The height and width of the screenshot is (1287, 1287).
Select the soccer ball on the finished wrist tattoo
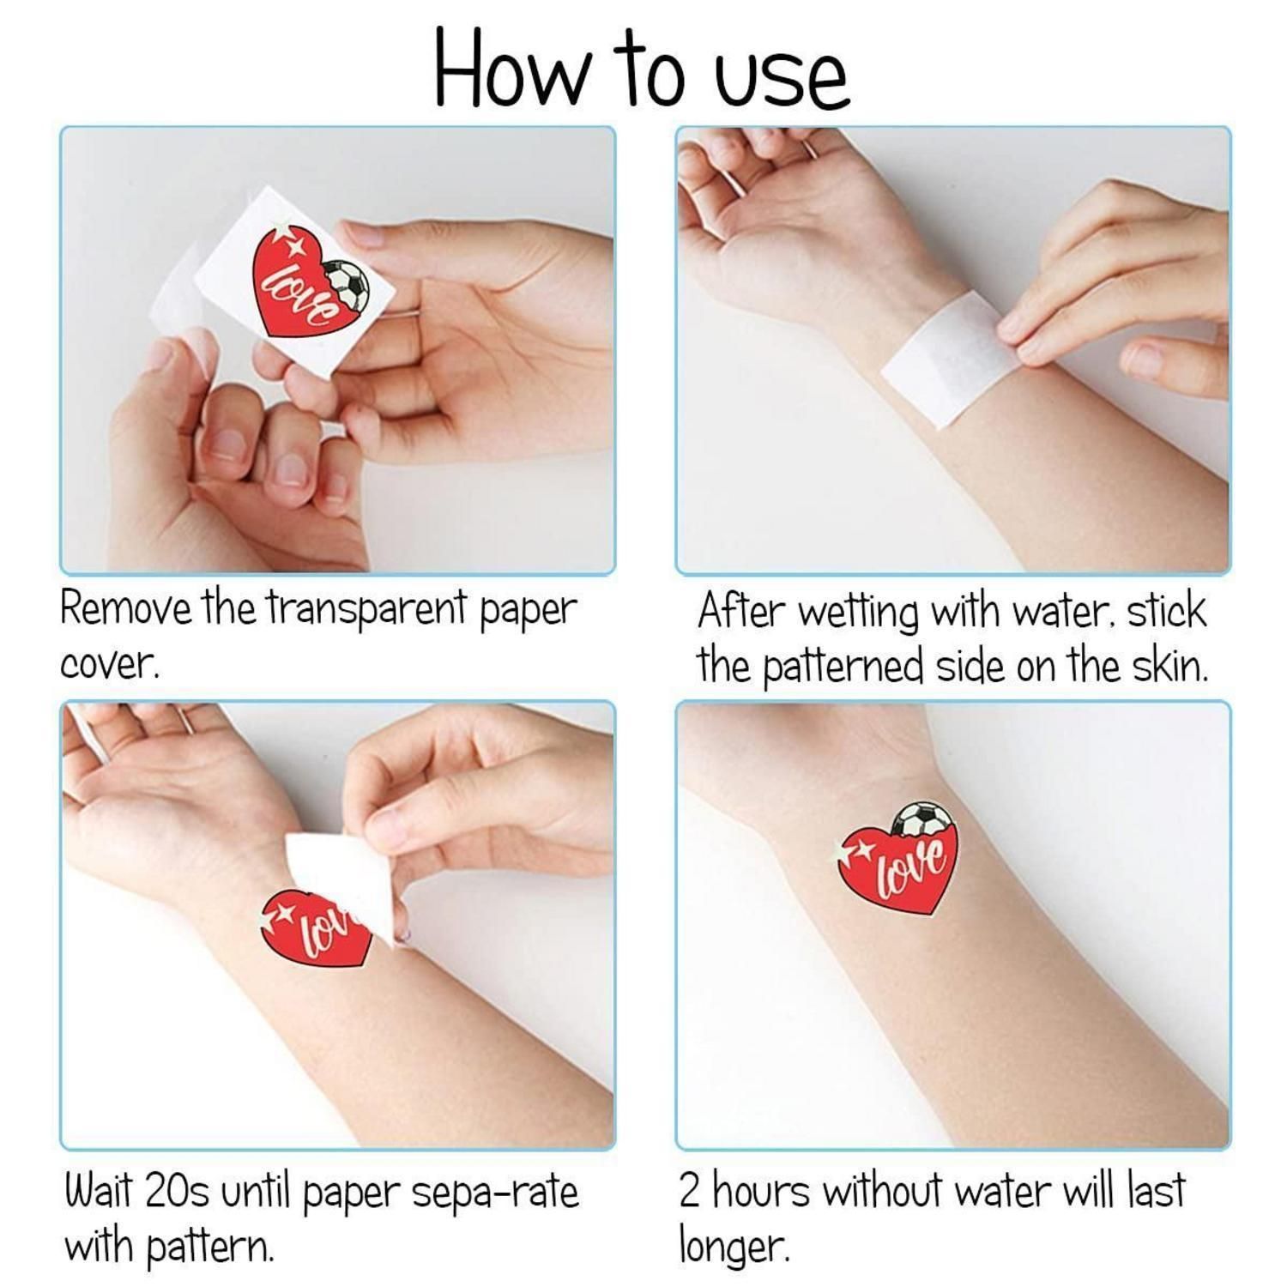[921, 819]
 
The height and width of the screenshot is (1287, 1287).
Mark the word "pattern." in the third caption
[209, 1247]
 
